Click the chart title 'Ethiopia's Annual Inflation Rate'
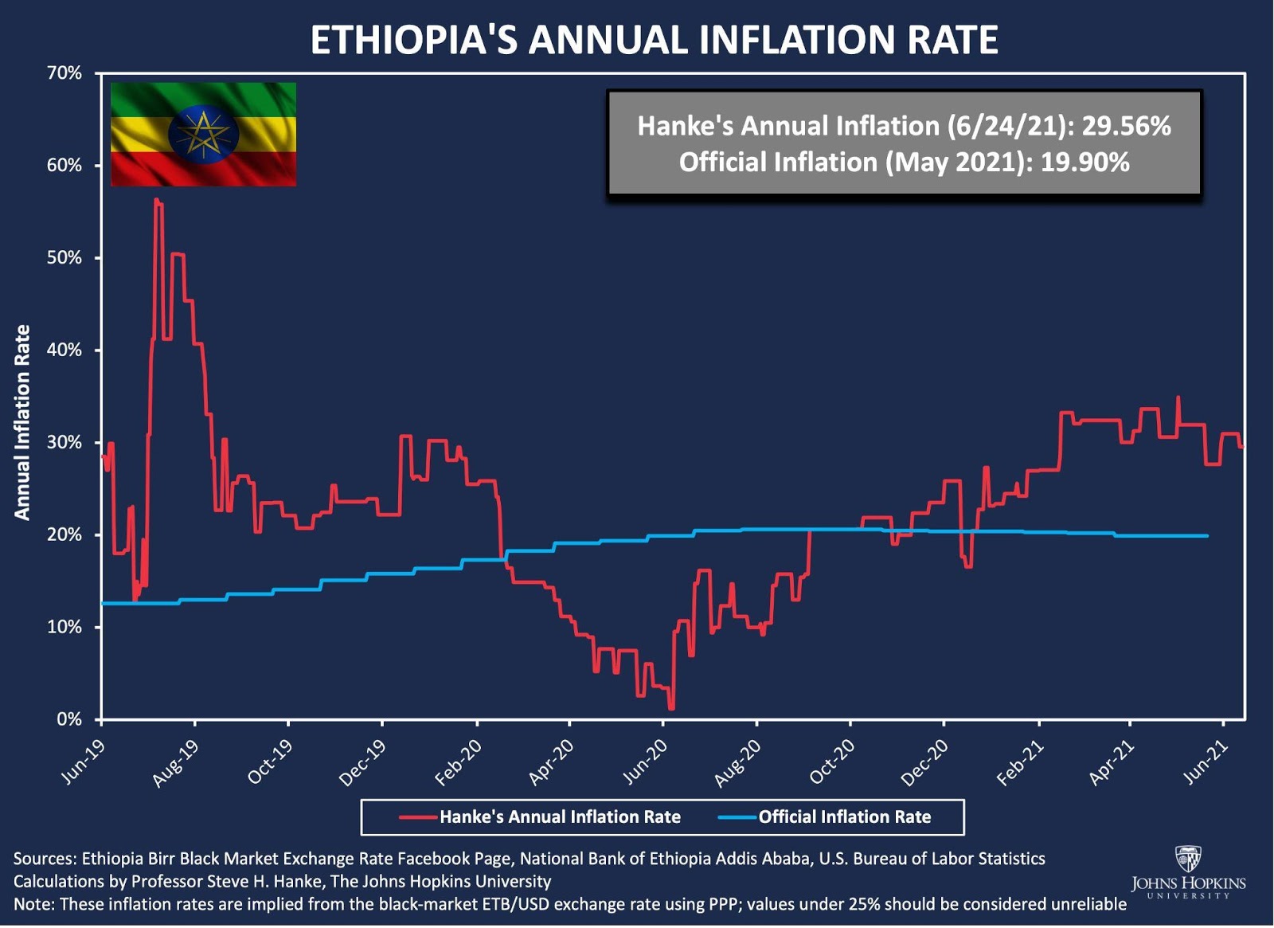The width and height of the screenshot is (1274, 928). click(654, 40)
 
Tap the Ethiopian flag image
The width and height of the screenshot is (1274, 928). click(203, 134)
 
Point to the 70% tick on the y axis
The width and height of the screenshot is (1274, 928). click(64, 73)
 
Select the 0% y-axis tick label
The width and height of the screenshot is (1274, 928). click(69, 719)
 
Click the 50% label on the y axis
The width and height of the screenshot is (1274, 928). click(64, 258)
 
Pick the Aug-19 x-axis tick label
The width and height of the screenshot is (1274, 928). click(176, 762)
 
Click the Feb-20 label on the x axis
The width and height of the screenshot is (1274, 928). click(459, 762)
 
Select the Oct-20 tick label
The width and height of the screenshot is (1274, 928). click(832, 762)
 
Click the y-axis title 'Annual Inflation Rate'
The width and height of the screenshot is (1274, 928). click(22, 422)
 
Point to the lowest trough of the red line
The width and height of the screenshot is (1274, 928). click(671, 708)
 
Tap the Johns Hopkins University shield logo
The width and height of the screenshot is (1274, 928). click(1188, 859)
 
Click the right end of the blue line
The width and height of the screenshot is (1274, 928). click(1207, 536)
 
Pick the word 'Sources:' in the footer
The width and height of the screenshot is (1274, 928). click(45, 859)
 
